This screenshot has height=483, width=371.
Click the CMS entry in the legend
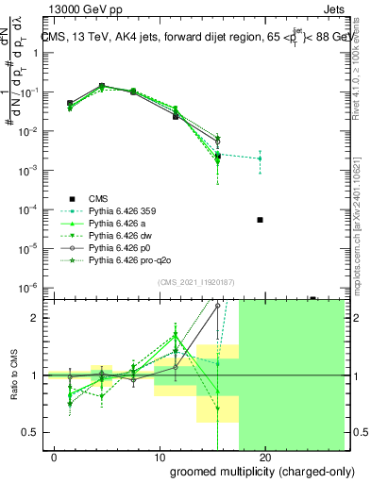(x=99, y=198)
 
